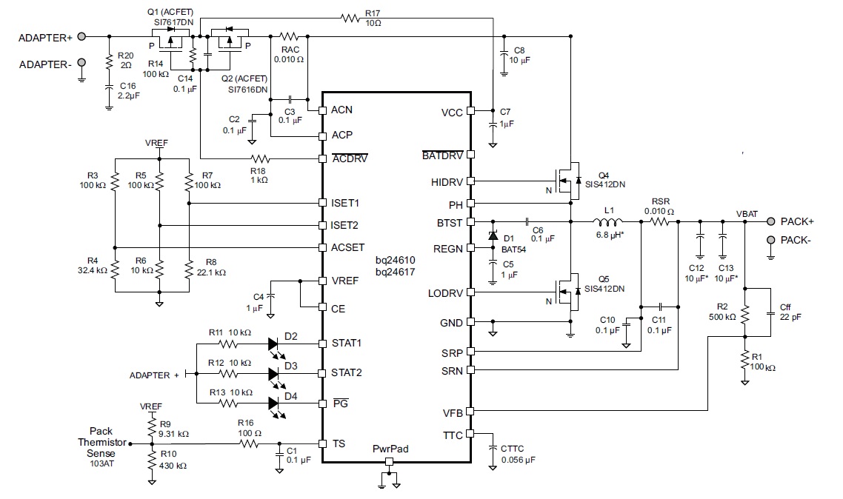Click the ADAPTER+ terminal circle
pos(81,36)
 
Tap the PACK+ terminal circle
pos(771,221)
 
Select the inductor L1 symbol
pos(607,221)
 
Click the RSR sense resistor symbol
pos(659,221)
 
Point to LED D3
pos(273,375)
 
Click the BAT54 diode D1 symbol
pos(493,235)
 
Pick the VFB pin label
pos(453,412)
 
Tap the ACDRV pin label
pos(350,158)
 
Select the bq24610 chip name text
pos(395,260)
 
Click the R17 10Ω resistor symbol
pos(350,19)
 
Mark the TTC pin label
pos(453,435)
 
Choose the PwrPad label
pos(390,449)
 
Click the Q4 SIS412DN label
pos(604,180)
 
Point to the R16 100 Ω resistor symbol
pos(249,443)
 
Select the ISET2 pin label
pos(344,225)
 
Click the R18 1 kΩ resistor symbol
pos(260,158)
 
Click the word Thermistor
pos(102,442)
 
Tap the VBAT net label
pos(747,214)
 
